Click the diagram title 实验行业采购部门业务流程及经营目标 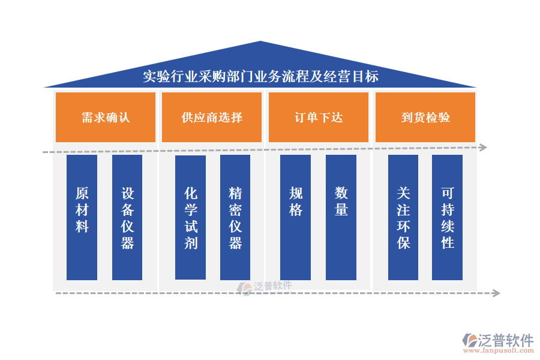click(x=260, y=77)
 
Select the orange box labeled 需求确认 click(x=106, y=117)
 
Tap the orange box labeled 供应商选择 click(x=212, y=117)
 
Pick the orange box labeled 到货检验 click(x=425, y=117)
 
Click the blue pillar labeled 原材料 click(x=82, y=217)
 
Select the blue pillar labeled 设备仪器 click(x=127, y=217)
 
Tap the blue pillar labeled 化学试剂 click(x=191, y=217)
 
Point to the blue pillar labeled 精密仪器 click(x=235, y=217)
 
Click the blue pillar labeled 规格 click(x=296, y=217)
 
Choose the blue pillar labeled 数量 click(x=341, y=217)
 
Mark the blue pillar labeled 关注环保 click(x=403, y=217)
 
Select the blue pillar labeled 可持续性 click(x=448, y=217)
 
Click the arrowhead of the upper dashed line click(x=484, y=147)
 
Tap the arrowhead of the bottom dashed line click(x=496, y=293)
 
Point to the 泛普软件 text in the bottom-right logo click(x=506, y=340)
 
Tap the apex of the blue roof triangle click(x=260, y=42)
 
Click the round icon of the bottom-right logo click(x=469, y=340)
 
